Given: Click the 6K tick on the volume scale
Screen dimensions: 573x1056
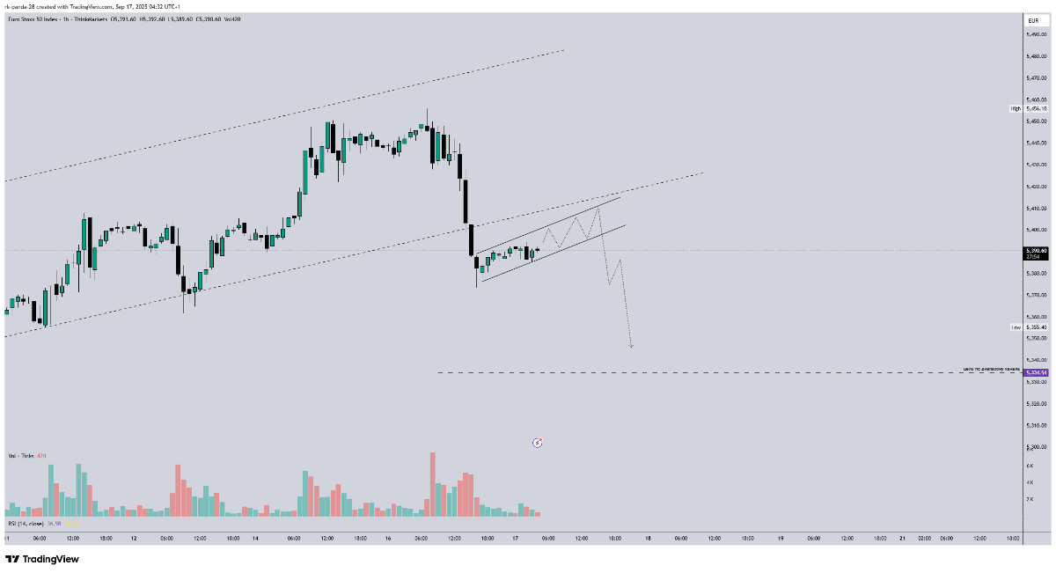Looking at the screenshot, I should pos(1029,465).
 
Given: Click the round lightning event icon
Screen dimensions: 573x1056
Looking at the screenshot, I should pos(538,442).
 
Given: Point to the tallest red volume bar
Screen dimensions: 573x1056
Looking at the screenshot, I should pos(433,484).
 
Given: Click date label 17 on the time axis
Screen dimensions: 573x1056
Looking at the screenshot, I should pos(516,538).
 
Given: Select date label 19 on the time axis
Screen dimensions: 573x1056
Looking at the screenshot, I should pos(781,538).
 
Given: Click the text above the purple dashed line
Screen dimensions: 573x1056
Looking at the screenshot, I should pos(991,368).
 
